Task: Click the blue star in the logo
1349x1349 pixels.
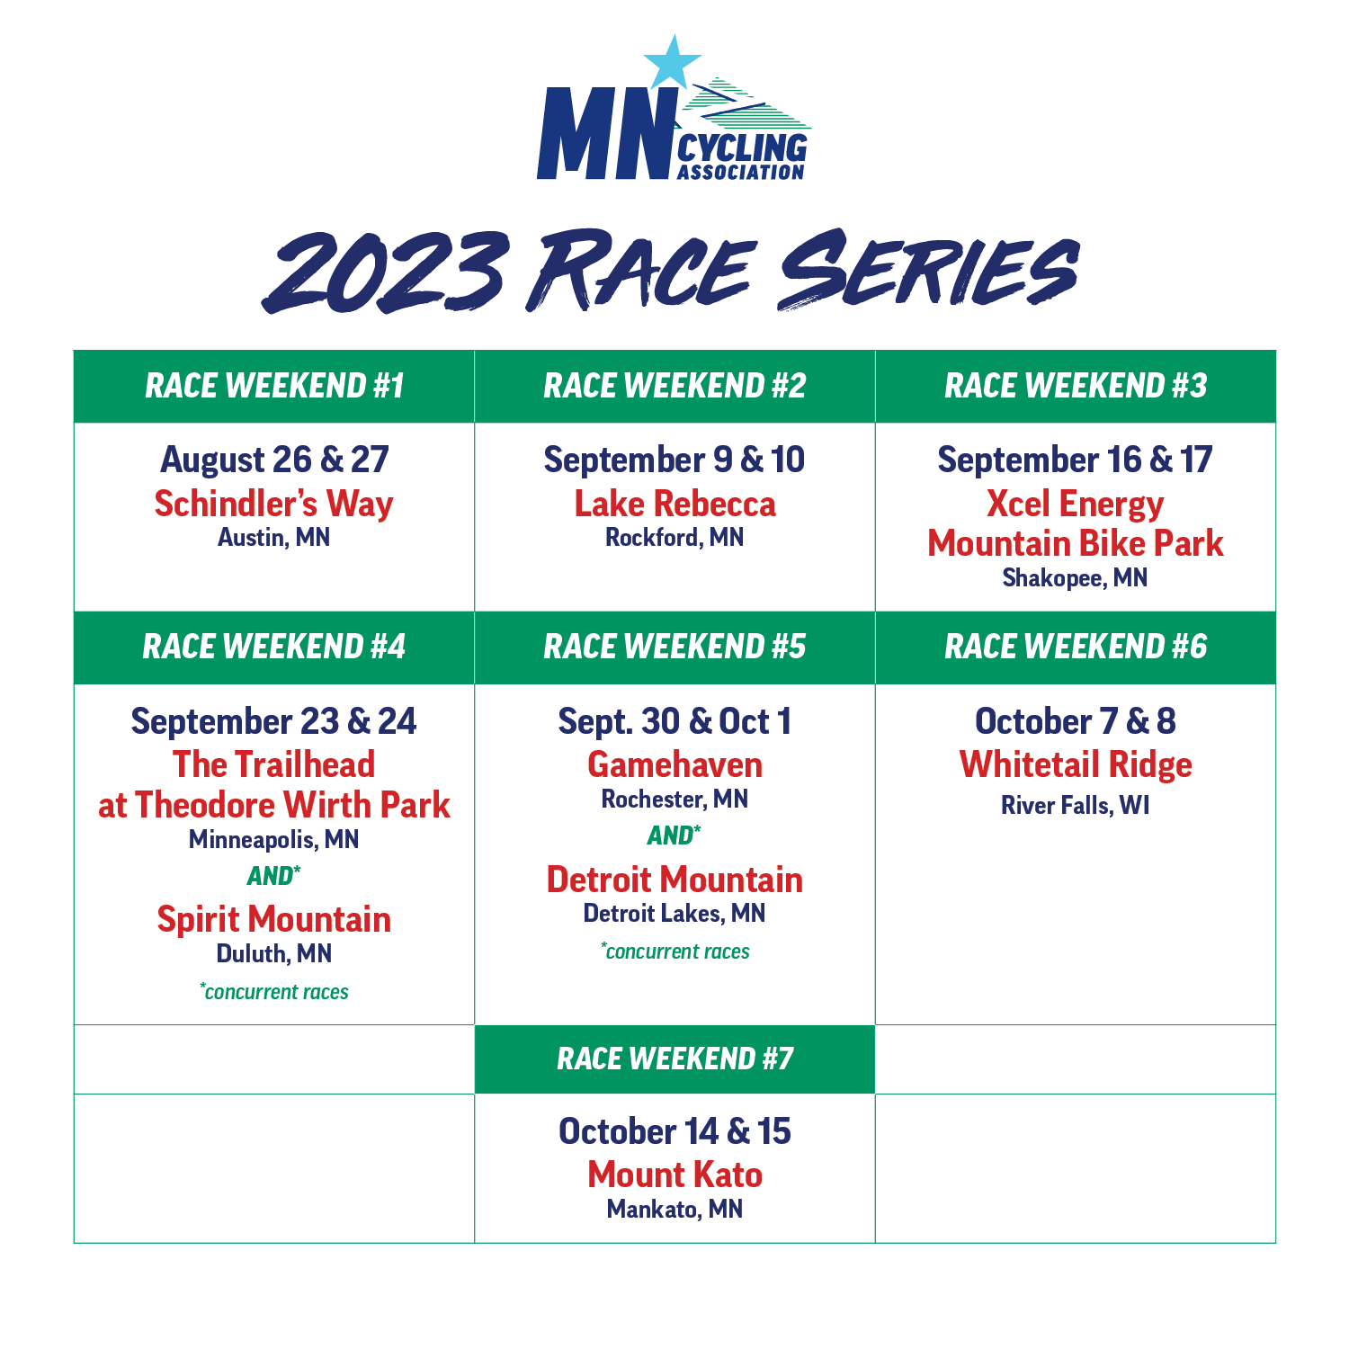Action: (672, 63)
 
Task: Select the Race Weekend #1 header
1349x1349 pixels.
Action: (274, 386)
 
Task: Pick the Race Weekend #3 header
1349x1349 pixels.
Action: (1076, 386)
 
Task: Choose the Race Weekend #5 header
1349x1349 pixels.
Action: (674, 647)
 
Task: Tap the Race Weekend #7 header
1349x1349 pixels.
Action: (674, 1059)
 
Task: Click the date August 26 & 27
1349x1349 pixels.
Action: (274, 460)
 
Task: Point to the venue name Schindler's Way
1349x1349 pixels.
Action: (274, 505)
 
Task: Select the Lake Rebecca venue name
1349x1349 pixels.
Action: (674, 504)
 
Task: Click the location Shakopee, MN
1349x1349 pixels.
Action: (1076, 577)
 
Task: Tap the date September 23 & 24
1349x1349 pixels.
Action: (274, 721)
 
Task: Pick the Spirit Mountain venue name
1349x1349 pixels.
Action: (274, 919)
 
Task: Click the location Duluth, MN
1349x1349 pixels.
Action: (274, 953)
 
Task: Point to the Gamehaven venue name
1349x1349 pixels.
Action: (674, 765)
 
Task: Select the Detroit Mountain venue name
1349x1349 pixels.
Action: (674, 880)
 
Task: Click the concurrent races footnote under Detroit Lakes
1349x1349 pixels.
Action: (675, 951)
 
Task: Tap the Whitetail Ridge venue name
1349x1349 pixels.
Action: (1076, 765)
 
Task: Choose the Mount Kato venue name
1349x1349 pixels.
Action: (674, 1175)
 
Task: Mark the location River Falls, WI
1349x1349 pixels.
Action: (1076, 805)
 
